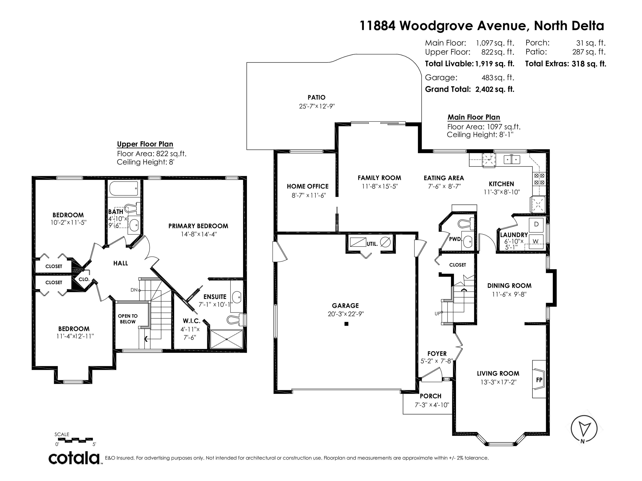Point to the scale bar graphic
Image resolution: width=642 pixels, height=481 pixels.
pos(75,440)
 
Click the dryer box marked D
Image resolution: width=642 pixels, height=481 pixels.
pos(536,224)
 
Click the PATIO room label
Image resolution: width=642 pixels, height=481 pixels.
pos(316,97)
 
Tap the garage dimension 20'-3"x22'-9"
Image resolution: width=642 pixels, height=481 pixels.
pos(346,314)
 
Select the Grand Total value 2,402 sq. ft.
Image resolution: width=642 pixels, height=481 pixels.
pos(494,89)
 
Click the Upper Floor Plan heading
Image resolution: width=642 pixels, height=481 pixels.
pos(145,144)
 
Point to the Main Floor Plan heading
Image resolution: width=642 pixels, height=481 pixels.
pos(474,117)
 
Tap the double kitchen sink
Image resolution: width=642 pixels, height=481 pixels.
pos(512,160)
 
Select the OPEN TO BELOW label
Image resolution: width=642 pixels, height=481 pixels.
pos(128,319)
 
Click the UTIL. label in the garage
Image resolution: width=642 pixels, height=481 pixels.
pos(372,244)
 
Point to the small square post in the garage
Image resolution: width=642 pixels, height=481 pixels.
pos(346,324)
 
